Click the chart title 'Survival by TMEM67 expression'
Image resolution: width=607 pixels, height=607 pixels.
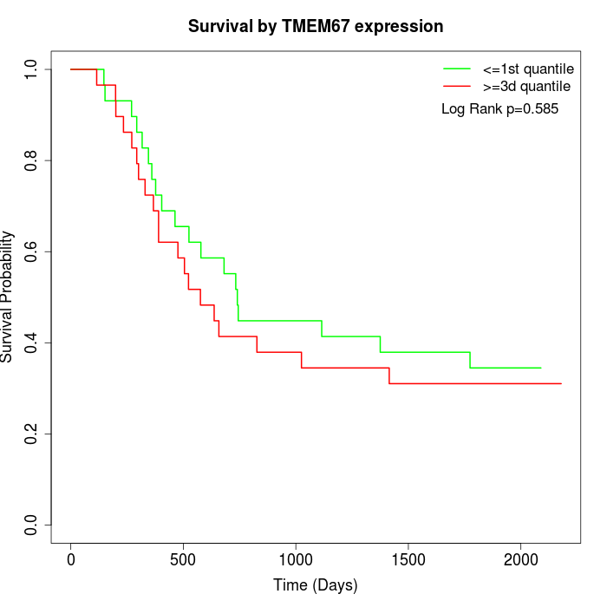(316, 26)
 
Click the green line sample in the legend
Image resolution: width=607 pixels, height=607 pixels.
(457, 68)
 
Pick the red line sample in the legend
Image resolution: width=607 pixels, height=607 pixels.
(457, 86)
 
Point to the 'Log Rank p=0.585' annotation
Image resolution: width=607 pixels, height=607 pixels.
(499, 109)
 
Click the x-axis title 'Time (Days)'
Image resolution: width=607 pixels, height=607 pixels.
(316, 585)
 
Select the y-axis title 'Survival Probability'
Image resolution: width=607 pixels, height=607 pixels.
(8, 297)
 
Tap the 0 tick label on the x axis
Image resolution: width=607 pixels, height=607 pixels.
(71, 558)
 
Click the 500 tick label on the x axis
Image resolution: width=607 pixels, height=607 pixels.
(183, 558)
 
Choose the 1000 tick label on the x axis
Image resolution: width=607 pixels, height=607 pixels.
(296, 558)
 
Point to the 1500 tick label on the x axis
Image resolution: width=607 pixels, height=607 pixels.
(408, 558)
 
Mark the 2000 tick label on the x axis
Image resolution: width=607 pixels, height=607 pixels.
(520, 558)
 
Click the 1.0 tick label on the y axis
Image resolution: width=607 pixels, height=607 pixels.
(32, 69)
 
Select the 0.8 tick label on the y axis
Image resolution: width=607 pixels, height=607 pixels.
(32, 160)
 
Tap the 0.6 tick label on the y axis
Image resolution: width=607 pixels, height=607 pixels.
(32, 251)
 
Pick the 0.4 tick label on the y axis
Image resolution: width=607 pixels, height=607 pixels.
(32, 343)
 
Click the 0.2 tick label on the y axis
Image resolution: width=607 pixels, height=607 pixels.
(32, 434)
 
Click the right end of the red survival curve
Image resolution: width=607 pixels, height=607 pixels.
(561, 383)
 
